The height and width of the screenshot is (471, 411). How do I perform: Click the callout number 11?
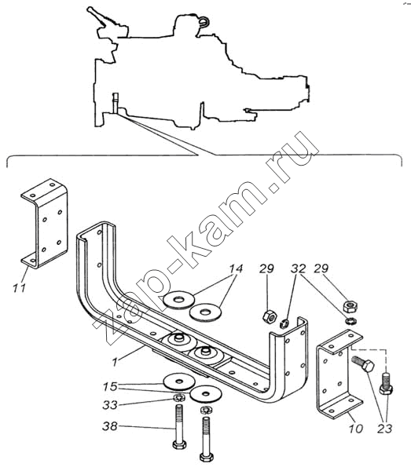pos(19,288)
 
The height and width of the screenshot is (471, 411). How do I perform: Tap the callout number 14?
pos(236,268)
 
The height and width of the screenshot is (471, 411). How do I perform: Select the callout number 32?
pos(298,268)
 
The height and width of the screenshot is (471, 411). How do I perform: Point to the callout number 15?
pos(110,386)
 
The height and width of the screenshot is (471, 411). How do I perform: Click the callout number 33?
pos(110,405)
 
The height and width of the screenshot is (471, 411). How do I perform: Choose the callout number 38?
pos(110,426)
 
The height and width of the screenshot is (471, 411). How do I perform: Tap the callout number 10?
pos(356,429)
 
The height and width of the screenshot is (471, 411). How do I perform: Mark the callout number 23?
pos(385,429)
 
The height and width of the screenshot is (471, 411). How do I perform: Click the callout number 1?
pos(115,362)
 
